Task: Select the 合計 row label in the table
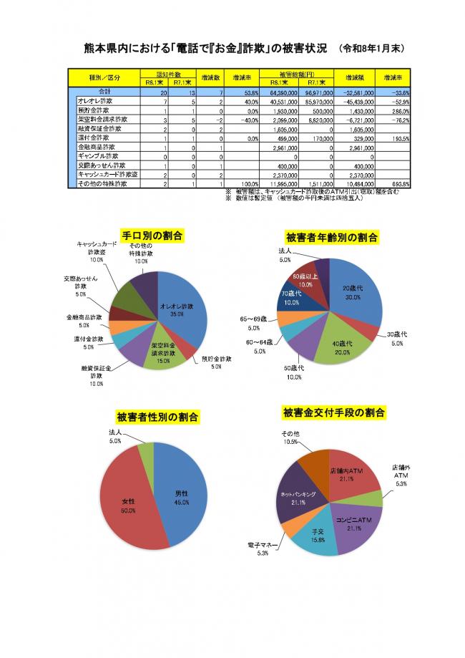(x=104, y=92)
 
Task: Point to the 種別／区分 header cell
(x=104, y=78)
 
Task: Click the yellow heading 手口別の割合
(x=153, y=236)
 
